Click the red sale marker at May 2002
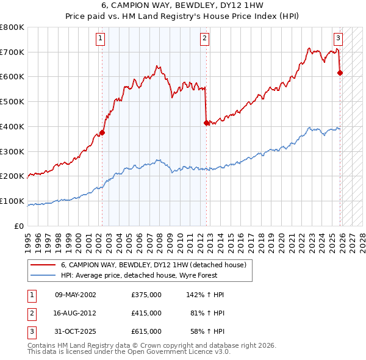[x=102, y=132]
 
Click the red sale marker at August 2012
[x=206, y=123]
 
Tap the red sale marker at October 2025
[x=340, y=73]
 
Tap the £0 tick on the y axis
[x=20, y=226]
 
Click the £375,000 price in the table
[x=146, y=295]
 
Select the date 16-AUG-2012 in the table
[x=75, y=313]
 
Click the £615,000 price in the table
[x=146, y=331]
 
